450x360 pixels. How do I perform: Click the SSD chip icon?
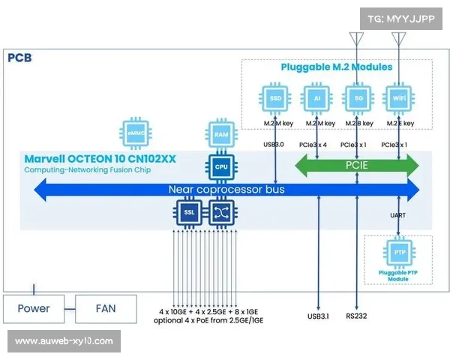(x=275, y=98)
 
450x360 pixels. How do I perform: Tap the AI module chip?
(x=316, y=98)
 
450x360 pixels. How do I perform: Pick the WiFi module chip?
(x=397, y=98)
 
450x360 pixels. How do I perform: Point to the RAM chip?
(x=220, y=135)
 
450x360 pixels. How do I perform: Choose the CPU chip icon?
(x=220, y=167)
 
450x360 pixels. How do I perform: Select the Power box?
(x=34, y=308)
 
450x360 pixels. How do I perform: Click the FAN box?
(x=106, y=308)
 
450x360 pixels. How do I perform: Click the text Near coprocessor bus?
(x=226, y=190)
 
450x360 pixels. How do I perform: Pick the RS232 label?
(x=357, y=316)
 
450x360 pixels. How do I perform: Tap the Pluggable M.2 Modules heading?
(x=336, y=67)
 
